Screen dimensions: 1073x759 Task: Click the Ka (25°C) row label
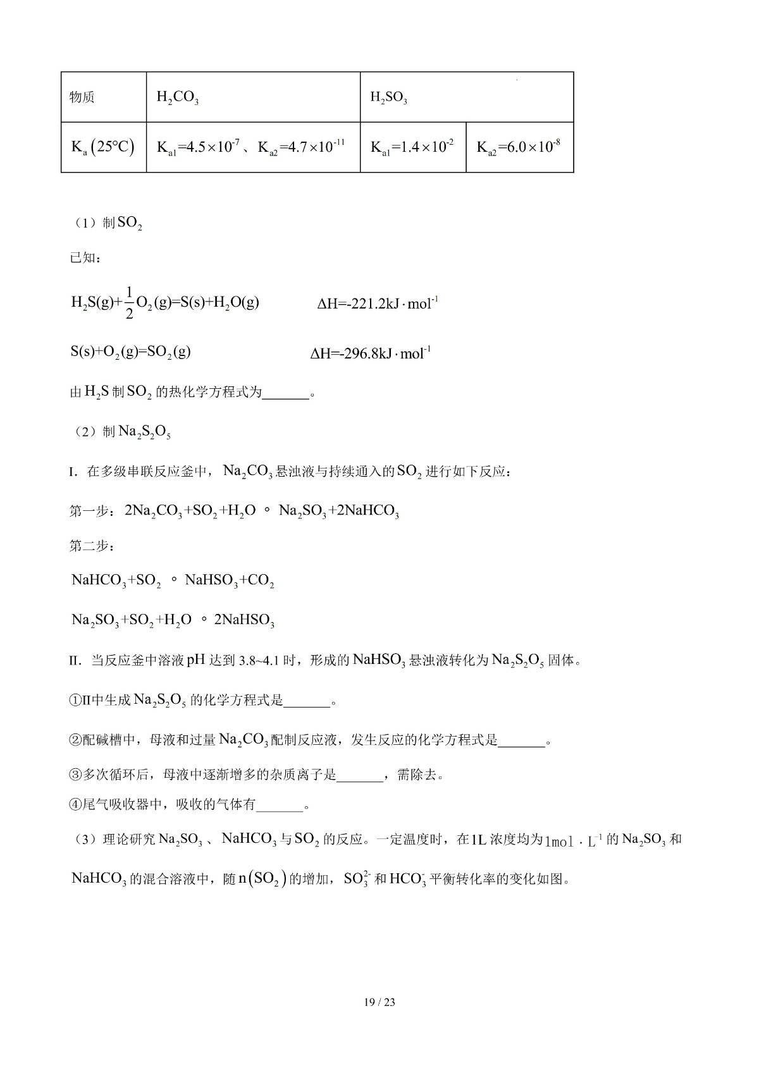(x=103, y=147)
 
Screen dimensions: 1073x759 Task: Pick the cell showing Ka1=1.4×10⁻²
(x=412, y=147)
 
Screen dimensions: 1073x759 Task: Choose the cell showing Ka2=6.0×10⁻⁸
(x=519, y=147)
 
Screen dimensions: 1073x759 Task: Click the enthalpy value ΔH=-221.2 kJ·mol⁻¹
(x=378, y=304)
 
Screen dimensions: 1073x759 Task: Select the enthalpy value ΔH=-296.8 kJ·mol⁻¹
(x=371, y=353)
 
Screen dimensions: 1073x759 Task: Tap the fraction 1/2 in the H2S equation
(x=129, y=302)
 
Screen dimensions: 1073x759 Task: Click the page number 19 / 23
(x=379, y=1002)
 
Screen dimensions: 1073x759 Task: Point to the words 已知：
(x=85, y=258)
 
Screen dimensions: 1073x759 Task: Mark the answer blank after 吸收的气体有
(x=280, y=805)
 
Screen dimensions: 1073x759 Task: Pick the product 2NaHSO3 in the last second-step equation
(x=244, y=620)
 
